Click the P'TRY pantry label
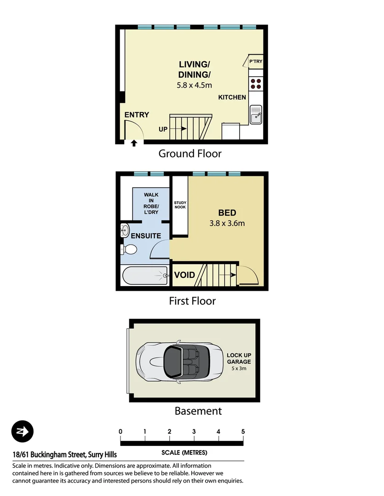click(x=256, y=62)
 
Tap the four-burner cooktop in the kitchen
click(x=256, y=83)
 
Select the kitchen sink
click(x=256, y=114)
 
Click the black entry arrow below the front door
click(x=134, y=143)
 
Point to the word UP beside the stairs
click(x=163, y=130)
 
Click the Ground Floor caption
click(x=189, y=153)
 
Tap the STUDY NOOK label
click(x=179, y=204)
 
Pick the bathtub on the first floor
click(x=145, y=276)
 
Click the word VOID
click(x=184, y=275)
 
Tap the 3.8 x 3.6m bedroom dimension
click(x=227, y=224)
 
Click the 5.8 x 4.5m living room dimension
click(x=195, y=85)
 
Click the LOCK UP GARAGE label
click(x=239, y=358)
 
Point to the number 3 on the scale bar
click(x=194, y=431)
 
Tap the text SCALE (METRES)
click(x=184, y=452)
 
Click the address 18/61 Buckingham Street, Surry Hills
click(x=64, y=455)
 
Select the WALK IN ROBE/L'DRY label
click(x=151, y=203)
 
